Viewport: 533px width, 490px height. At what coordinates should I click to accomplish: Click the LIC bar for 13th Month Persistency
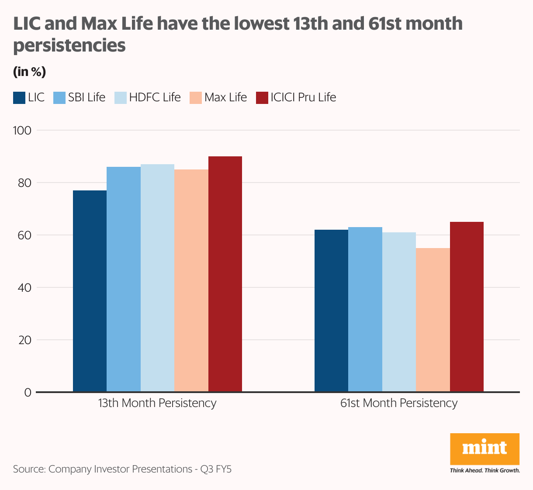tap(90, 291)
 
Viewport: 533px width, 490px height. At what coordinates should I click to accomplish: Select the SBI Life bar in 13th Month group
tap(124, 279)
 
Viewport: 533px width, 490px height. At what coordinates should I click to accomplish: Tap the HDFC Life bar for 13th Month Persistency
tap(157, 278)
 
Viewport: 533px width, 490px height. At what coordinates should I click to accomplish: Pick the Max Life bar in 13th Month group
tap(191, 280)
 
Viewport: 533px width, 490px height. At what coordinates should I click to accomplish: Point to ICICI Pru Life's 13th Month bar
tap(225, 274)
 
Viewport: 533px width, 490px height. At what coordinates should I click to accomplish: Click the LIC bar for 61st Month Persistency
tap(331, 311)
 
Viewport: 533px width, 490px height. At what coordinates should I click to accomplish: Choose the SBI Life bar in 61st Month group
tap(365, 309)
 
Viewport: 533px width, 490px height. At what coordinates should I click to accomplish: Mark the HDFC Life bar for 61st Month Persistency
tap(399, 312)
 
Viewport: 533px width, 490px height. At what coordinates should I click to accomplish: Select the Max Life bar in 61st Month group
tap(433, 320)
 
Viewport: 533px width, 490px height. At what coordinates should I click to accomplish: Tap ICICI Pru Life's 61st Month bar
tap(467, 307)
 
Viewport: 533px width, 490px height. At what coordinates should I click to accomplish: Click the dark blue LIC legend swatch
tap(19, 98)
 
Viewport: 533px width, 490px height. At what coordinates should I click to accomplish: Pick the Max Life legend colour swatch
tap(196, 98)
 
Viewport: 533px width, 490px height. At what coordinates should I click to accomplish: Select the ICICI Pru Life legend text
tap(303, 97)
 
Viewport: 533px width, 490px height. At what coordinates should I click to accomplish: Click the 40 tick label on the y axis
tap(25, 287)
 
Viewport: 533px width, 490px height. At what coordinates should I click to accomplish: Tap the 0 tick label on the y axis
tap(28, 392)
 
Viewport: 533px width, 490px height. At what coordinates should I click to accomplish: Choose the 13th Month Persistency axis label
tap(157, 403)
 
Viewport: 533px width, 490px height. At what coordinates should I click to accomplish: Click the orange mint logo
tap(485, 449)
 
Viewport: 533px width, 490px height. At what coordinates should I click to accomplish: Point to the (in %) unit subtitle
tap(29, 71)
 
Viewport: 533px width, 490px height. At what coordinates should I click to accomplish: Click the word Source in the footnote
tap(29, 469)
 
